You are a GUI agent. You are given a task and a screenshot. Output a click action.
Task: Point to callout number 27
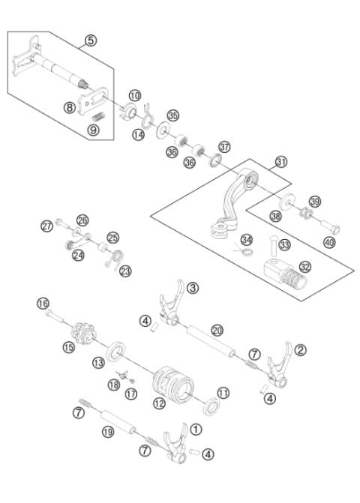click(x=46, y=225)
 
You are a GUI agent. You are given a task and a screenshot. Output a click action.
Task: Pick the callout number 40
click(x=329, y=243)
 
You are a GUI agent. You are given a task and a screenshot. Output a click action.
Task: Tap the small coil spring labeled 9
click(x=97, y=117)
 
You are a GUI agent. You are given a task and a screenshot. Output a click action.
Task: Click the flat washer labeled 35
click(x=162, y=133)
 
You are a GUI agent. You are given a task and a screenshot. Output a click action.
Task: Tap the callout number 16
click(x=44, y=303)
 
